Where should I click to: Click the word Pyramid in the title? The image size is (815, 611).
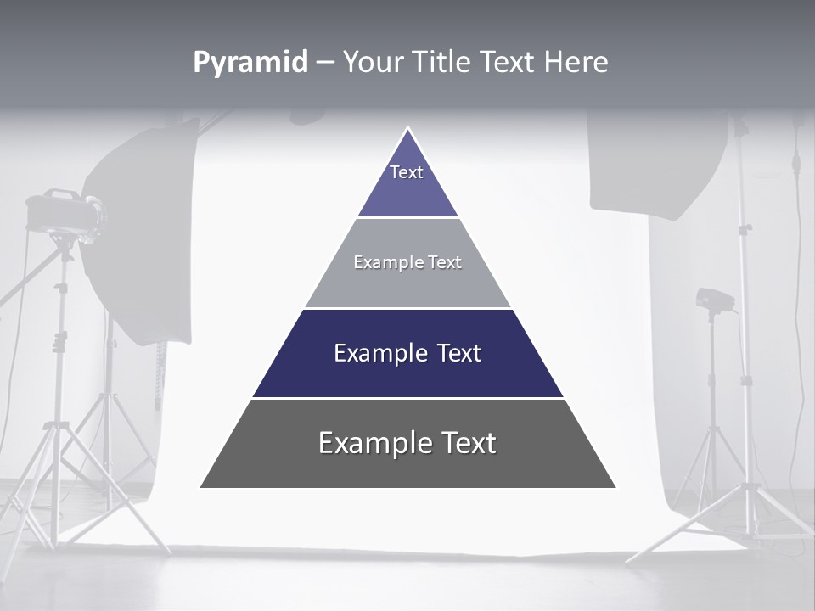[x=250, y=63]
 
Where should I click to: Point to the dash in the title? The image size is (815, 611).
[x=325, y=63]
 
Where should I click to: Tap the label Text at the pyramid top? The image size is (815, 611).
[x=407, y=172]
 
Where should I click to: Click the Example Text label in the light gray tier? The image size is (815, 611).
[x=407, y=262]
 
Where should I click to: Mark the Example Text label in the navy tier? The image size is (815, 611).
[x=407, y=353]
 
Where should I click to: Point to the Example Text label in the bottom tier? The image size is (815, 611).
[x=407, y=443]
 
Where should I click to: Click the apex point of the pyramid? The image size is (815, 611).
[x=407, y=129]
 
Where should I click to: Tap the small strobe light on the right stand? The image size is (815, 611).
[x=713, y=299]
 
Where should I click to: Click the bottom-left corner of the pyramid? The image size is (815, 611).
[x=201, y=487]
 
